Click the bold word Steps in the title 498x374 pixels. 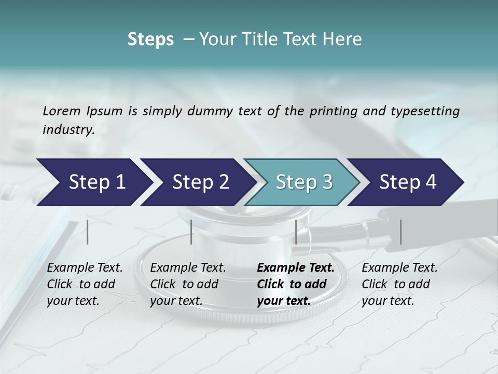(150, 39)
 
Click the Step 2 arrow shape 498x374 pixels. (197, 182)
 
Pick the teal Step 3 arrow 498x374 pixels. (302, 182)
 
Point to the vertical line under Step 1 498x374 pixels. (88, 232)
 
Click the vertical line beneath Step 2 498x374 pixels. (191, 232)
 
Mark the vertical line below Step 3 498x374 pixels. (296, 232)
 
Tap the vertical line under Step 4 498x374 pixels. (400, 232)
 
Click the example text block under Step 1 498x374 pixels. (85, 284)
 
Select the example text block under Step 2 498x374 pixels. (188, 284)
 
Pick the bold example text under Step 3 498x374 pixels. (295, 284)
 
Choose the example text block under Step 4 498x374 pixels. (399, 284)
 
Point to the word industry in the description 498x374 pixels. (68, 130)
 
